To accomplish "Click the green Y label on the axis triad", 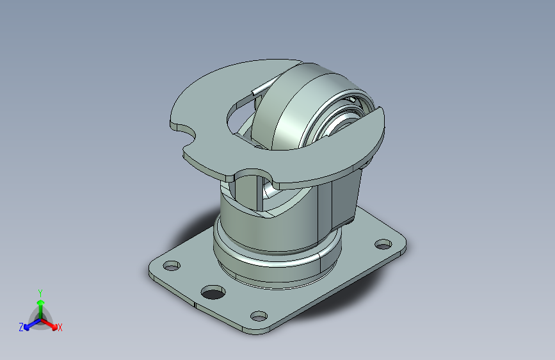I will coord(40,291).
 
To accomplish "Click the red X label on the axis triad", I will coord(60,327).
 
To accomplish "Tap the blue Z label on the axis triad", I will coord(21,327).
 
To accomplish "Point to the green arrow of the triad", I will coord(40,305).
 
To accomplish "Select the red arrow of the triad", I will coord(51,323).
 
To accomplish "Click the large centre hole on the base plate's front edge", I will coord(213,293).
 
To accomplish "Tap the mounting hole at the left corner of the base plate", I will coord(171,265).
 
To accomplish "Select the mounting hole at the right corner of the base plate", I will coord(383,244).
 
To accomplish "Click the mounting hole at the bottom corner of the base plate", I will coord(258,315).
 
